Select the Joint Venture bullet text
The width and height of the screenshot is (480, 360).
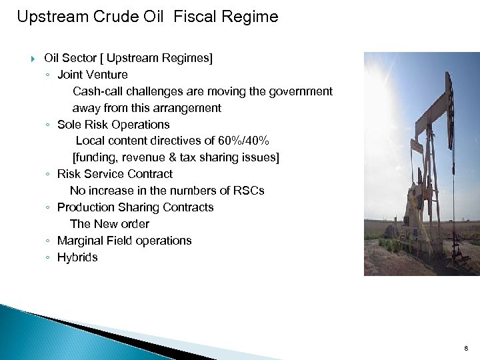tap(93, 75)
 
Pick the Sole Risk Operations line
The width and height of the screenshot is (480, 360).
tap(113, 125)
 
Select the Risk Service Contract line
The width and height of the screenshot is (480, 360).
tap(115, 174)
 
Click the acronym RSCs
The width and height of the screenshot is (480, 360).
tap(249, 191)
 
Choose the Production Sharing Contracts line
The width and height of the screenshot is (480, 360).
tap(135, 207)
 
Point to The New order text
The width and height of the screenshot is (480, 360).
tap(109, 224)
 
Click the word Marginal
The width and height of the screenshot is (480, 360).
tap(80, 241)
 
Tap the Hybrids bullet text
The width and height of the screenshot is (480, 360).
tap(77, 257)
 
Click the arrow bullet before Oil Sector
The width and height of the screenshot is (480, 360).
tap(33, 59)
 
